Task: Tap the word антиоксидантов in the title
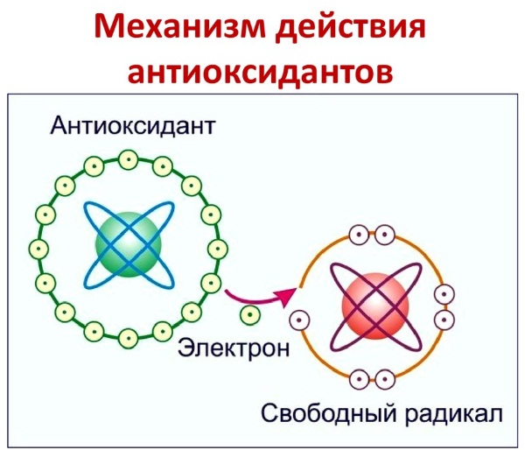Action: tap(260, 72)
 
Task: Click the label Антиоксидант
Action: tap(132, 126)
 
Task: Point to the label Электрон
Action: tap(234, 348)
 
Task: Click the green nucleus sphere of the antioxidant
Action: tap(129, 244)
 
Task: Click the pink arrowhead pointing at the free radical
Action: tap(286, 297)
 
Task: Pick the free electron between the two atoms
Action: tap(249, 314)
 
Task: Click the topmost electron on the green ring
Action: tap(129, 160)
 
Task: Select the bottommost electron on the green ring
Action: tap(129, 339)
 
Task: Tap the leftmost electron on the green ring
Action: tap(38, 249)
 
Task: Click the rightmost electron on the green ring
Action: tap(218, 249)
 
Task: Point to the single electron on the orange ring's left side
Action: tap(299, 320)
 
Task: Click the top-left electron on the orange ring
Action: tap(359, 235)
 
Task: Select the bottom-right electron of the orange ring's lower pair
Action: tap(385, 379)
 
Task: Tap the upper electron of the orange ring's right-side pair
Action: tap(444, 294)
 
